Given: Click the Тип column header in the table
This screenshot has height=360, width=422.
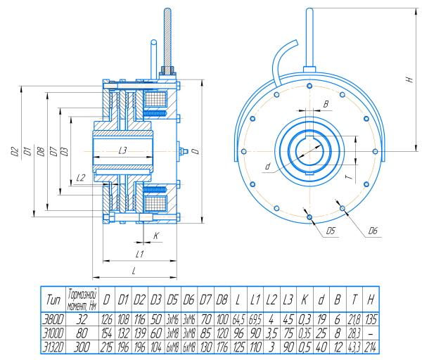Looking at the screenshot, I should click(x=53, y=300).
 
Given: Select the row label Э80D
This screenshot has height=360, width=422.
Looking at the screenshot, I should click(x=53, y=319).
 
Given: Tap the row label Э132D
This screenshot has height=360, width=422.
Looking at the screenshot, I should click(x=53, y=347).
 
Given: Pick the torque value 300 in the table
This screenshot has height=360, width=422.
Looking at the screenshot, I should click(x=83, y=347).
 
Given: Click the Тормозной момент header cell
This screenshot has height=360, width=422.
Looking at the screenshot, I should click(x=83, y=300).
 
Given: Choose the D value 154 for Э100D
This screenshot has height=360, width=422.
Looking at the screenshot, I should click(x=108, y=333).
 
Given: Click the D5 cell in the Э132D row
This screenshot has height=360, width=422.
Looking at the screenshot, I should click(x=172, y=347).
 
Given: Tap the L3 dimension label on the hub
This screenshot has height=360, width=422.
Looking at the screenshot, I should click(x=122, y=150).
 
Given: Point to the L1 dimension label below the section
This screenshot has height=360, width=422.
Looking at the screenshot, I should click(x=139, y=254).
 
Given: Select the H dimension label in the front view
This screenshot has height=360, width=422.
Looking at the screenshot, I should click(x=408, y=80).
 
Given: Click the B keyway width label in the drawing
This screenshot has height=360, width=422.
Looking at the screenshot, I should click(x=326, y=104).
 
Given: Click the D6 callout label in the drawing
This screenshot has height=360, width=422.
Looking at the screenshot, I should click(x=372, y=231).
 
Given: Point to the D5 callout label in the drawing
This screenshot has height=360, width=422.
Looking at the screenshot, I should click(x=331, y=231).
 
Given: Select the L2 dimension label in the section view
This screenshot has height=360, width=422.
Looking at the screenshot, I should click(x=81, y=177).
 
